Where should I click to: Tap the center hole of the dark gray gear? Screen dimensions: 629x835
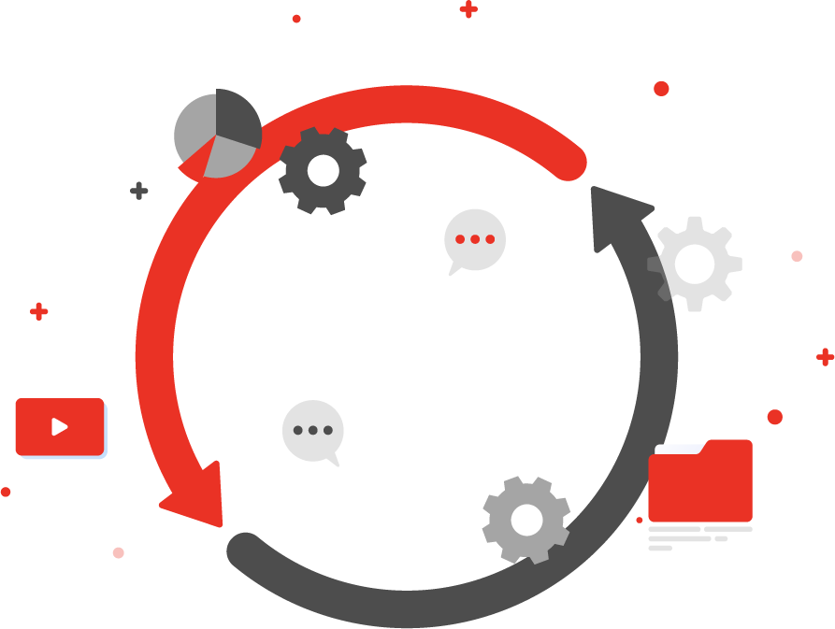pos(323,170)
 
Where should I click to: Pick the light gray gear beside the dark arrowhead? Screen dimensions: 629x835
pos(695,264)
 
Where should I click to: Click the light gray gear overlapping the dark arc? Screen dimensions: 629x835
pos(526,520)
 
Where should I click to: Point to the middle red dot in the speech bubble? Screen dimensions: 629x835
pos(475,239)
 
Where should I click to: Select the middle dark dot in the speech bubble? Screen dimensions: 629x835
pos(312,431)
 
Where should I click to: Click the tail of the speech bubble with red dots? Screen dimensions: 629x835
pos(454,270)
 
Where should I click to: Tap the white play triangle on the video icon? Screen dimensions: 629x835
pos(60,427)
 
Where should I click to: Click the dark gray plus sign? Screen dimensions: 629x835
pos(138,191)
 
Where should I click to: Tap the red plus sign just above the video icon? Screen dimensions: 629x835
pos(38,311)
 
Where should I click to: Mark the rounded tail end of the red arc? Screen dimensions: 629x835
pos(569,164)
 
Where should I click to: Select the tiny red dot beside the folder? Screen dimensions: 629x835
pos(640,520)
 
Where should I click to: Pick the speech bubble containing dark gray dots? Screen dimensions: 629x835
pos(312,431)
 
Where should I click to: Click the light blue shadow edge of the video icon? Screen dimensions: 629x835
pos(106,432)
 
